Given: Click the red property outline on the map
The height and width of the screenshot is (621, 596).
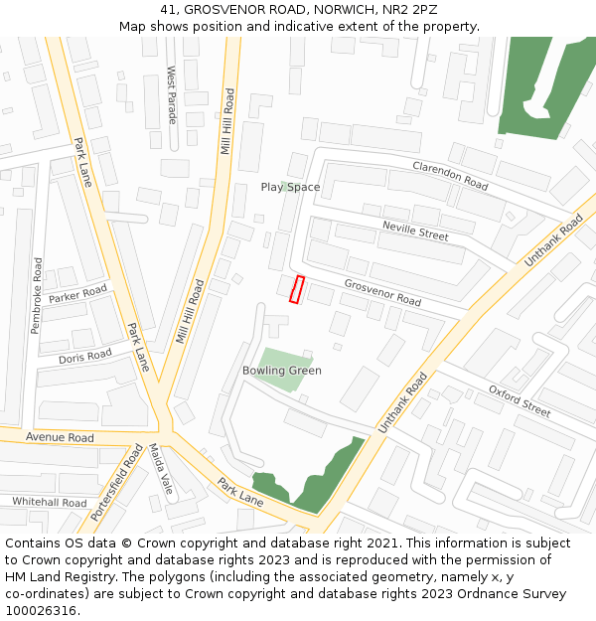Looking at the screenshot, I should coord(296,289).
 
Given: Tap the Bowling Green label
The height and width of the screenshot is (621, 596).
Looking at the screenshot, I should coord(282,371).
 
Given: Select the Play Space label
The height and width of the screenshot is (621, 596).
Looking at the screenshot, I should coord(290,187).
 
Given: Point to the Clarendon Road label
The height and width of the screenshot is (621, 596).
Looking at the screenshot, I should coord(451,176).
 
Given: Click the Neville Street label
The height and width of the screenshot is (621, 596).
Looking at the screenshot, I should coord(415,233).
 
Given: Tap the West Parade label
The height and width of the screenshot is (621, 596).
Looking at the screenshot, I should coord(172,95).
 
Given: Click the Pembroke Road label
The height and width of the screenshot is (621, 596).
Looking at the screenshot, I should coord(38,295).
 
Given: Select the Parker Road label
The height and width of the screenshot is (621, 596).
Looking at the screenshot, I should coord(77,293).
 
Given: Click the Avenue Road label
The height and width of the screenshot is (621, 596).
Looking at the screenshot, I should coord(60,437).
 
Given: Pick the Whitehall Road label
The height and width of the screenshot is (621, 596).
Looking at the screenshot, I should coord(50,503).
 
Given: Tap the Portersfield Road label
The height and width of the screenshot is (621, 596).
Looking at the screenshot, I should coord(117,484).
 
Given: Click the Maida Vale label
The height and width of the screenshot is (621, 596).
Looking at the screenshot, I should coord(161,470).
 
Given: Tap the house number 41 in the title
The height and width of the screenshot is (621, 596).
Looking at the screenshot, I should coord(167,9).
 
